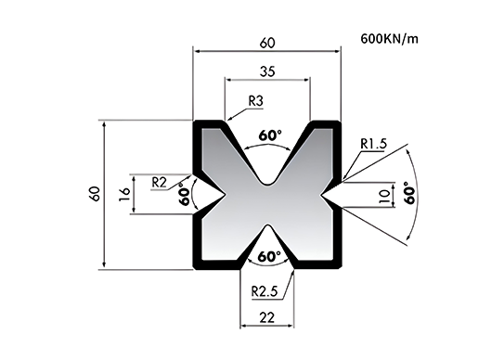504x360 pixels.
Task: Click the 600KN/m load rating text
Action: click(x=390, y=39)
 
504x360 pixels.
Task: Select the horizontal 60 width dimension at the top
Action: click(x=267, y=43)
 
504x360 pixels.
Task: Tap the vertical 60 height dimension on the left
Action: click(x=96, y=194)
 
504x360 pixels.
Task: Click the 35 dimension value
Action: click(x=267, y=71)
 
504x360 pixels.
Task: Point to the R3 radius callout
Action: click(x=256, y=101)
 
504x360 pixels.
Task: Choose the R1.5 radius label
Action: click(x=373, y=144)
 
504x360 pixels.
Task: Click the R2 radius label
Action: click(x=159, y=183)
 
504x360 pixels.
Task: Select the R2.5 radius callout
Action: click(x=265, y=291)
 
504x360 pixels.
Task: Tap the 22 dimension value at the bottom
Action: click(x=267, y=318)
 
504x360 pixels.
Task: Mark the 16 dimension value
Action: click(x=124, y=195)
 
